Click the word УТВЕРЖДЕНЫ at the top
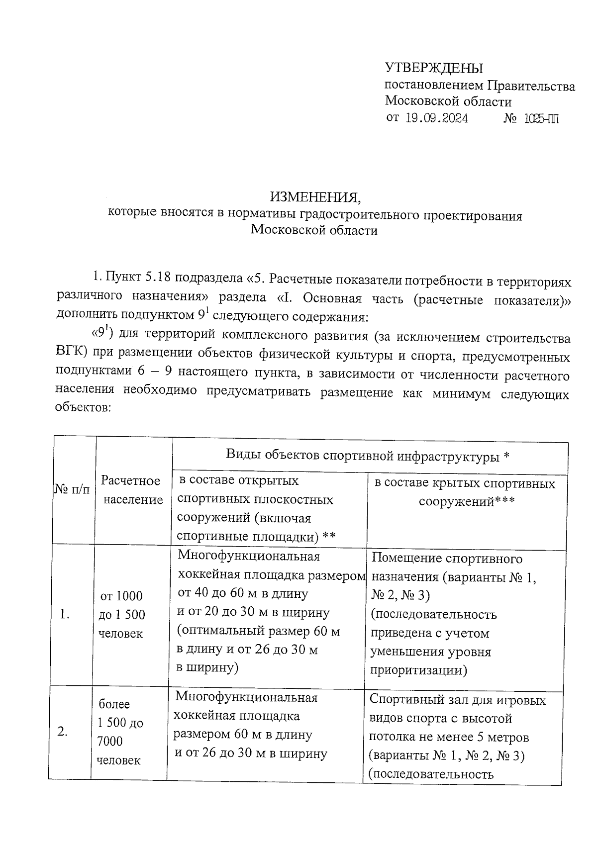(434, 68)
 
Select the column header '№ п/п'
(72, 490)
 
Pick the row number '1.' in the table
(64, 615)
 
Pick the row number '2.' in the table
(63, 732)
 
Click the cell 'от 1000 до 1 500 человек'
(122, 615)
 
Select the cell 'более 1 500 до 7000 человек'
(120, 732)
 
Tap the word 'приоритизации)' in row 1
(419, 670)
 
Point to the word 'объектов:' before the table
(83, 408)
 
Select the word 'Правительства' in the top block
(531, 86)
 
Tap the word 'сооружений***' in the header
(466, 501)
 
